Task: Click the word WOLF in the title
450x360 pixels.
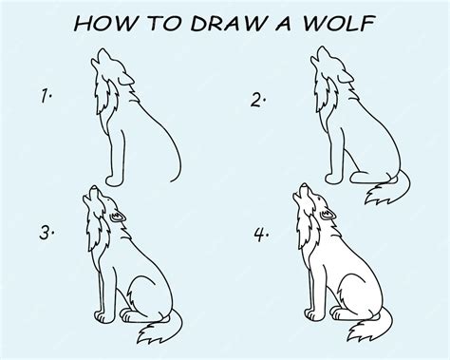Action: tap(339, 24)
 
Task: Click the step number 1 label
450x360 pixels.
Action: tap(47, 96)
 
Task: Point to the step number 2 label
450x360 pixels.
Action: tap(258, 100)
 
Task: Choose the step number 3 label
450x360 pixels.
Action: tap(47, 233)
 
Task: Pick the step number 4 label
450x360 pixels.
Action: tap(261, 235)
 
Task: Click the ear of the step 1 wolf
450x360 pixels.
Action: tap(126, 79)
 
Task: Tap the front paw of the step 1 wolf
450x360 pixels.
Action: tap(114, 180)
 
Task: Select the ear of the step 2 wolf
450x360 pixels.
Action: tap(346, 77)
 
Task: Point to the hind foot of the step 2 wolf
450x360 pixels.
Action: tap(373, 179)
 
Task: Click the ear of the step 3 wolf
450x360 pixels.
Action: tap(118, 217)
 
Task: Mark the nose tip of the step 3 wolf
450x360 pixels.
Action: tap(93, 187)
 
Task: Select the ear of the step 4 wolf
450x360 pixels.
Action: tap(328, 215)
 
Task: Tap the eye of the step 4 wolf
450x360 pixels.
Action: tap(318, 199)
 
